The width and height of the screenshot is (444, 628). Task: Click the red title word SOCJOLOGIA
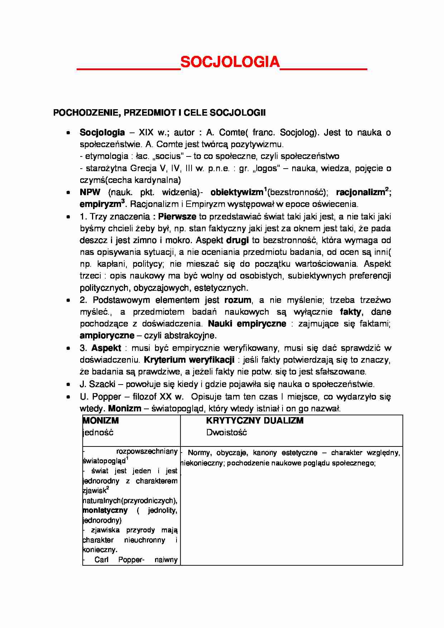[230, 62]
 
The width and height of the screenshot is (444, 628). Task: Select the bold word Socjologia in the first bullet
[102, 133]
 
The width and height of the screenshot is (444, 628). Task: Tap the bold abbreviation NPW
[90, 192]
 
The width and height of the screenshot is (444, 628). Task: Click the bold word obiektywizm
[236, 192]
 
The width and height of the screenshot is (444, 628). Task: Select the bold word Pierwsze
[177, 217]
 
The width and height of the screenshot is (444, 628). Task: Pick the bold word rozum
[238, 300]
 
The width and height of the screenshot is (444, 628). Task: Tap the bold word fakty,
[351, 312]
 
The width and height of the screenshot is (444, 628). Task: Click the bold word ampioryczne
[107, 336]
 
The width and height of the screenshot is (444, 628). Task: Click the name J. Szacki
[97, 384]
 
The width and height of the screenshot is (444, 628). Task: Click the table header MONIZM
[101, 421]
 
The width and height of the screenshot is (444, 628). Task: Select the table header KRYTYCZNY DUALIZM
[255, 421]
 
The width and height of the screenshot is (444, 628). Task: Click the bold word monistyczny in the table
[105, 510]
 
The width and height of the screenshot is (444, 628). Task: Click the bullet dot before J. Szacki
[68, 384]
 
